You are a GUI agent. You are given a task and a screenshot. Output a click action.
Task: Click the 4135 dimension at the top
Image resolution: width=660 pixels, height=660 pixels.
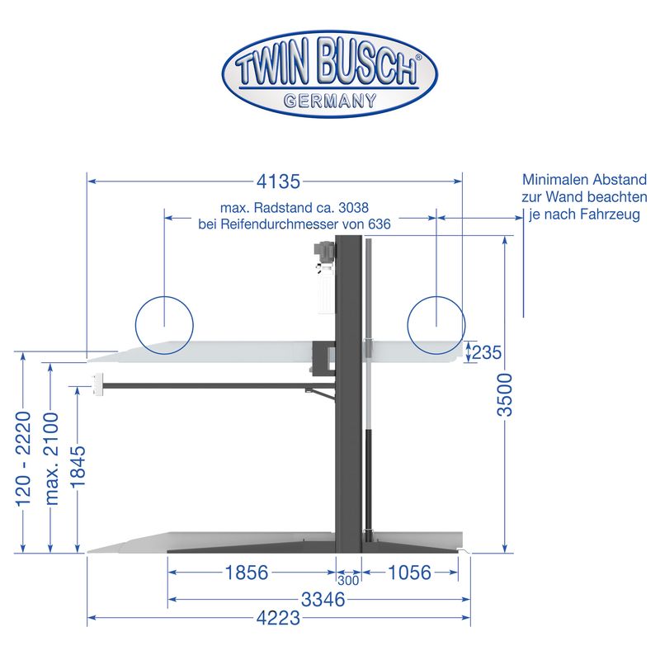click(278, 181)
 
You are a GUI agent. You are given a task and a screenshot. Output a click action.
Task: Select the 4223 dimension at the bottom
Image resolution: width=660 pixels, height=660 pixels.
click(278, 618)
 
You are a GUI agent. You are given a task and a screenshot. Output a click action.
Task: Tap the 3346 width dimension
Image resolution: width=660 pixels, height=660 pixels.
click(323, 600)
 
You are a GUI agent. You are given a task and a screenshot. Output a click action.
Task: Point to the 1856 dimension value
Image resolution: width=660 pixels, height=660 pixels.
click(247, 573)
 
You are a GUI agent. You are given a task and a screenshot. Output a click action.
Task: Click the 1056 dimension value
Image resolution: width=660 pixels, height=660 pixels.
click(409, 573)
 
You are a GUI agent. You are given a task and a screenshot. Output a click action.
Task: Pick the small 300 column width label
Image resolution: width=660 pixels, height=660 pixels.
click(348, 581)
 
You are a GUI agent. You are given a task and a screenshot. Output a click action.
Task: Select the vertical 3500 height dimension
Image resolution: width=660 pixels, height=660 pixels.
click(505, 395)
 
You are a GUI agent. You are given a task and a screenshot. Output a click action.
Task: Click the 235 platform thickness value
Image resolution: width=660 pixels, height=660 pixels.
click(487, 352)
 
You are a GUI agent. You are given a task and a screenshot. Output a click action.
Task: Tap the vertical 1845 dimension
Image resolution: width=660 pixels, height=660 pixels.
click(78, 467)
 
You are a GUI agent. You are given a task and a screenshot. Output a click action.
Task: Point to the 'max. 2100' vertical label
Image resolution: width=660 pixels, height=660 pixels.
click(51, 459)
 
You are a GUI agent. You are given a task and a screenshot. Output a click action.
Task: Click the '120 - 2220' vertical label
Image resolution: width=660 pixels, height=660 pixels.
click(23, 459)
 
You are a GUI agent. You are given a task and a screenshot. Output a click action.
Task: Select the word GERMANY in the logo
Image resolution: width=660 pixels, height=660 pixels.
click(330, 101)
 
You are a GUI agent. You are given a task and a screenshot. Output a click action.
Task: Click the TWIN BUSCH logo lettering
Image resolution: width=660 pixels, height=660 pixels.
click(327, 63)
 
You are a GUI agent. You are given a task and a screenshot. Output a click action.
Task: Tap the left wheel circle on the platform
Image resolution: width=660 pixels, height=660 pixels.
click(164, 325)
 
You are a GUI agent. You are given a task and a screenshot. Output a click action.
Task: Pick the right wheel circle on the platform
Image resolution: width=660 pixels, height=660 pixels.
click(436, 325)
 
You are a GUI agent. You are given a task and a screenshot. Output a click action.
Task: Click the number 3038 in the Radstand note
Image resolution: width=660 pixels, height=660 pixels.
click(354, 208)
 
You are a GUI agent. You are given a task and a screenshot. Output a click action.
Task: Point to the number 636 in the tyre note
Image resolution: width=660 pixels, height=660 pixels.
click(379, 224)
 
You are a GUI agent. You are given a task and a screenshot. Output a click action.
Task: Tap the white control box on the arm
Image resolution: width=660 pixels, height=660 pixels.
click(97, 384)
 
